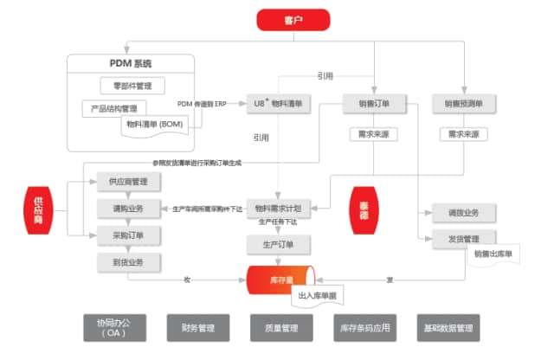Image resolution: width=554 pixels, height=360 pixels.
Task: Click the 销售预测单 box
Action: pyautogui.click(x=464, y=105)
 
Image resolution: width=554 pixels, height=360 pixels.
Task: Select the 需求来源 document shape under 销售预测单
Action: pyautogui.click(x=464, y=135)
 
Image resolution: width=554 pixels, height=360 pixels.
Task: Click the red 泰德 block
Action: pyautogui.click(x=364, y=210)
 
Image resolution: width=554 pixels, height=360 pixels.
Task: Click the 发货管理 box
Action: pyautogui.click(x=464, y=239)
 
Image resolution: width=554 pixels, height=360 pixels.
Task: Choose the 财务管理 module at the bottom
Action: pyautogui.click(x=198, y=328)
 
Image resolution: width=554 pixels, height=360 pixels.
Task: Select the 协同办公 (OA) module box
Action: pyautogui.click(x=116, y=327)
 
